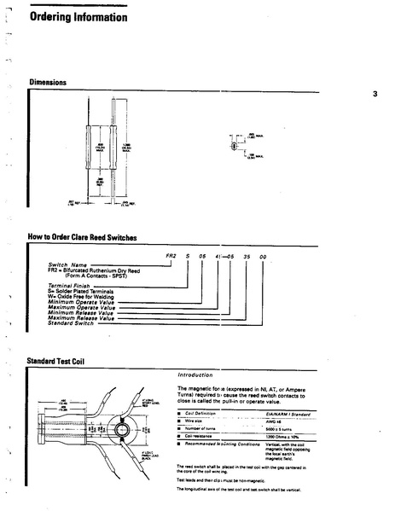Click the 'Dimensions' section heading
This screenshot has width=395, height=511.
[49, 83]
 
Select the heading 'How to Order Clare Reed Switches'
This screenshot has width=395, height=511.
[83, 237]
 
